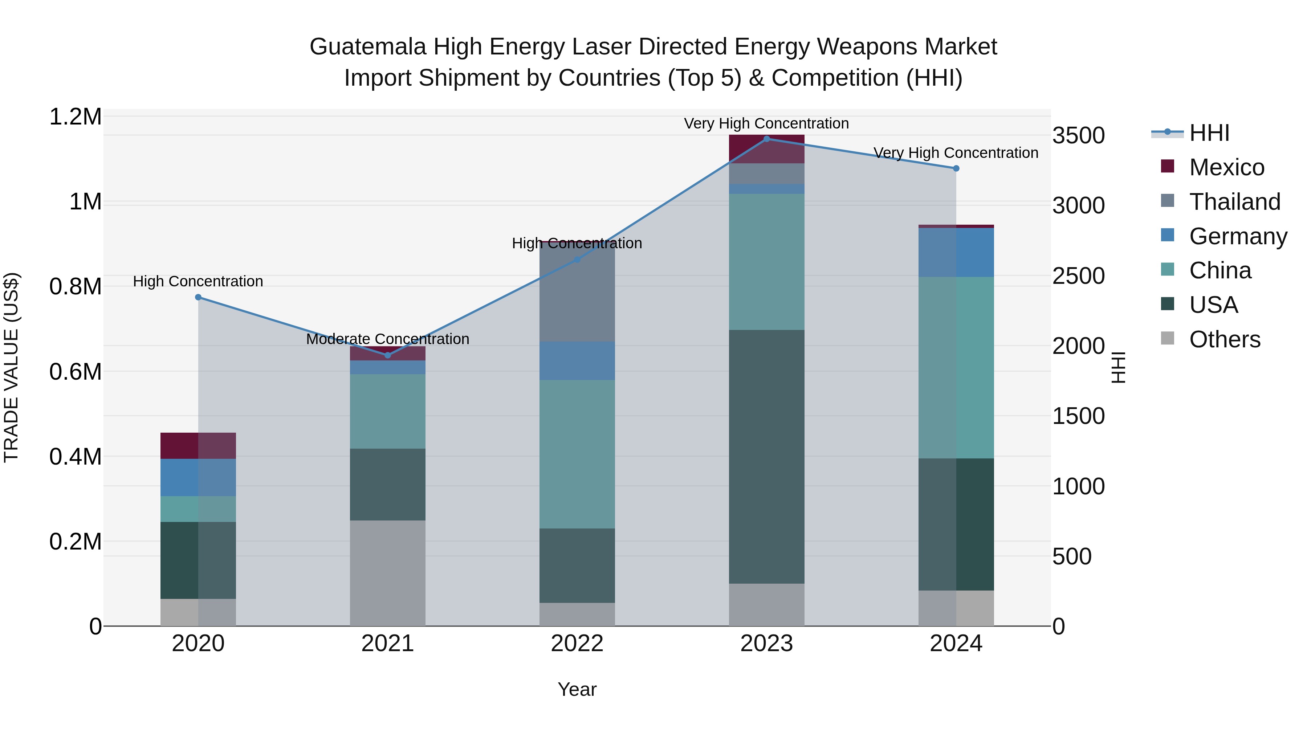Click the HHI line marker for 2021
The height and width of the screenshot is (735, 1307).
point(388,355)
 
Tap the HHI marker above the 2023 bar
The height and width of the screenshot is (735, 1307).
point(767,139)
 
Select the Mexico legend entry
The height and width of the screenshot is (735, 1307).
point(1227,167)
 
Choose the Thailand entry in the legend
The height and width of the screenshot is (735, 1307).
point(1234,202)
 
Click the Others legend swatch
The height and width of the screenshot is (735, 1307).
point(1168,338)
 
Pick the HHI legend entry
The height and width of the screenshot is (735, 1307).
point(1209,133)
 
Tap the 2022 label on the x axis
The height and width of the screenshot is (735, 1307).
point(577,644)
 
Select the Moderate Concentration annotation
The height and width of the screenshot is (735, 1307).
point(388,339)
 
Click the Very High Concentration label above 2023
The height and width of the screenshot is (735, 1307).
point(766,123)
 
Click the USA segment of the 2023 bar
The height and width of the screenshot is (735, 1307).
point(767,457)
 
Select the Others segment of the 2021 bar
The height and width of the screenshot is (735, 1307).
point(388,573)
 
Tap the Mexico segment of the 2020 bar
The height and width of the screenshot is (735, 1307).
point(198,445)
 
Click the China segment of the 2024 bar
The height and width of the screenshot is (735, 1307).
point(956,368)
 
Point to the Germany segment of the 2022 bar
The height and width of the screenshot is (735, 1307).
point(577,361)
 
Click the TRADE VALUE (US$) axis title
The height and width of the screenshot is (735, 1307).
point(11,367)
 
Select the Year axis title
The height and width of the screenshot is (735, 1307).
point(577,689)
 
